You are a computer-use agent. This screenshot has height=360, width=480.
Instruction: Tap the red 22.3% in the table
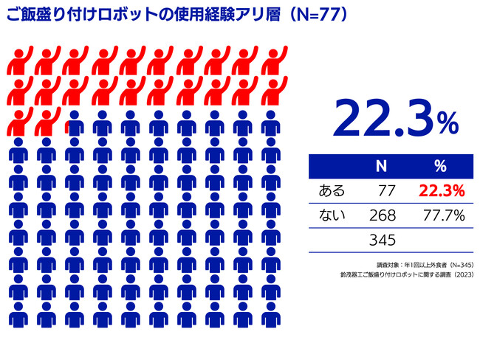(441, 192)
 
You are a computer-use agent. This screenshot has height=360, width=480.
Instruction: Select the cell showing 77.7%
(442, 215)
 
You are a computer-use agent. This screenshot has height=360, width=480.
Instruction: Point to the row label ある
(331, 192)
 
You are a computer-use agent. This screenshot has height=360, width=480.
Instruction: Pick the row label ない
(331, 215)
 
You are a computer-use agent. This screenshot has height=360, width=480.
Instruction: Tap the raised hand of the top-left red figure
(30, 52)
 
